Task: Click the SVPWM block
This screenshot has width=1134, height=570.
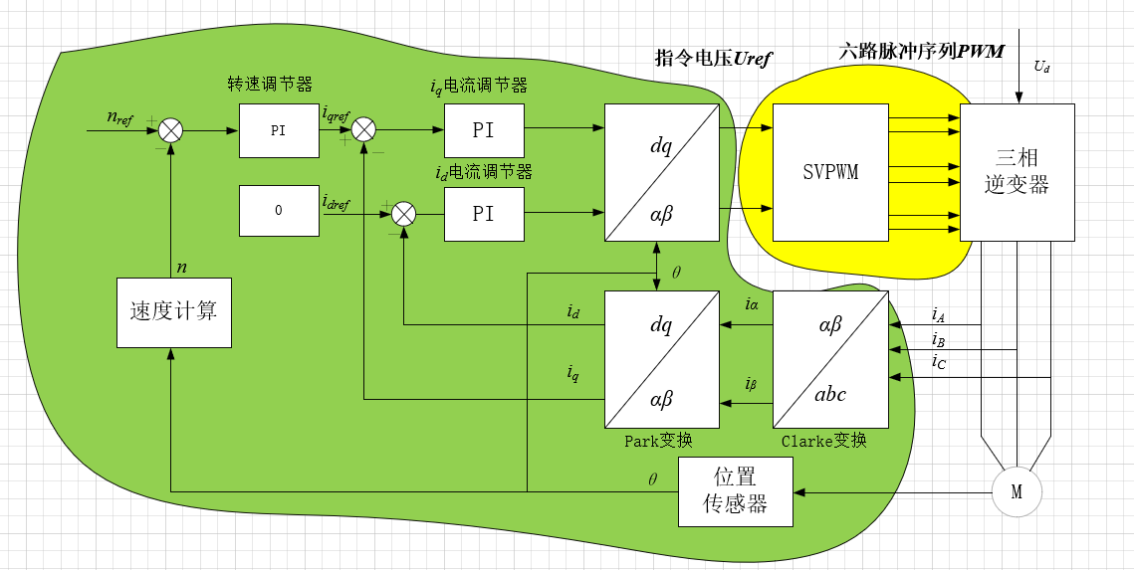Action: pos(830,172)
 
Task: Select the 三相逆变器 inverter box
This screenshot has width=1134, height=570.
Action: pos(1017,172)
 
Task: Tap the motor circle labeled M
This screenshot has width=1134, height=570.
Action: pos(1017,492)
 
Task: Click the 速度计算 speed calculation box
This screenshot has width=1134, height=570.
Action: pos(173,310)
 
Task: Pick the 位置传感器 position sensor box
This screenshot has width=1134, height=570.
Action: pos(736,491)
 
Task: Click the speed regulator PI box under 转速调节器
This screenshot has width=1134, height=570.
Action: pos(279,130)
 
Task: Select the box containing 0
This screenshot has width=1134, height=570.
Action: pos(279,211)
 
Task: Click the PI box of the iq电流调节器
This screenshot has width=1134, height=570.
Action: pos(484,130)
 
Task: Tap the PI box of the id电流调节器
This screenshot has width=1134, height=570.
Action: pos(484,213)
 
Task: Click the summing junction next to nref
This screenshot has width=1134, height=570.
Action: pos(172,130)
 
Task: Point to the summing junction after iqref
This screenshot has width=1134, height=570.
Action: pos(364,130)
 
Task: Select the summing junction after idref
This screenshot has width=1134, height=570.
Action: pos(403,213)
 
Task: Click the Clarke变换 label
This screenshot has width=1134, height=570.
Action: pos(823,441)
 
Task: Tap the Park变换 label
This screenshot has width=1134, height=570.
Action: pos(658,441)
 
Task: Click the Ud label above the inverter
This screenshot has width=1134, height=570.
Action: pos(1041,68)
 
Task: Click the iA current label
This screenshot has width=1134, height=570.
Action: pos(938,315)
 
